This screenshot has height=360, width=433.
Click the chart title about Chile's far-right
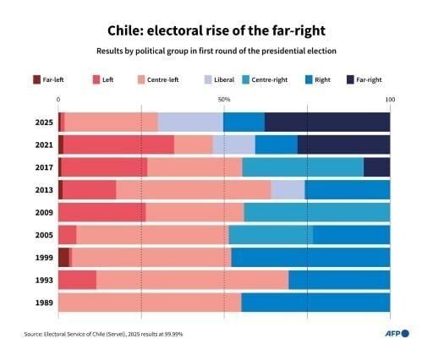click(x=216, y=30)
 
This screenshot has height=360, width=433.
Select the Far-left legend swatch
click(x=37, y=79)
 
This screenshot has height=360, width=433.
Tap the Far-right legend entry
click(x=364, y=79)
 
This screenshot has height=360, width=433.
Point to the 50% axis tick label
click(x=223, y=100)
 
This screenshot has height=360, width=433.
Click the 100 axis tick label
click(x=389, y=100)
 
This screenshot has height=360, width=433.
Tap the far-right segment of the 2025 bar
click(x=327, y=122)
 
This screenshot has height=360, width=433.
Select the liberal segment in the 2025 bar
click(x=190, y=122)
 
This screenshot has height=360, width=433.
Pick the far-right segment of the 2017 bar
click(x=376, y=166)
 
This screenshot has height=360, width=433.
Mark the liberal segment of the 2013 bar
click(x=288, y=189)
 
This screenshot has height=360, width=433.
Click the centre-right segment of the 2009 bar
click(x=317, y=212)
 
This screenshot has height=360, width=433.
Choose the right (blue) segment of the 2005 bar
click(x=351, y=234)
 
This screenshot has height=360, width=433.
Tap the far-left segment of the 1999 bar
click(x=63, y=257)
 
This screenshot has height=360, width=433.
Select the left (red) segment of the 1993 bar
click(x=77, y=280)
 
